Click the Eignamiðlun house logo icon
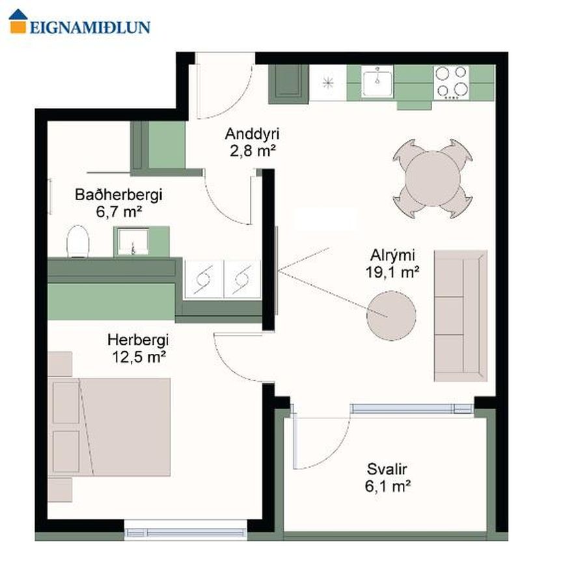point(18,22)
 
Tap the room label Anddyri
point(252,134)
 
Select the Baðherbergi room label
point(118,195)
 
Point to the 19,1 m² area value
point(392,272)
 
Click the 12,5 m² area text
point(139,357)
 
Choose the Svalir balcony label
point(387,469)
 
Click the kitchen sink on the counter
point(377,83)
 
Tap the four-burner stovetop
point(452,83)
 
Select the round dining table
point(433,179)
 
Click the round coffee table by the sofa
point(391,315)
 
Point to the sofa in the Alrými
point(460,315)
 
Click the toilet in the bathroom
point(77,241)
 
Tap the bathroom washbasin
point(133,241)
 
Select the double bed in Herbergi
point(109,427)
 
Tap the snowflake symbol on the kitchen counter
point(327,83)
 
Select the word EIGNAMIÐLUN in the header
point(90,27)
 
